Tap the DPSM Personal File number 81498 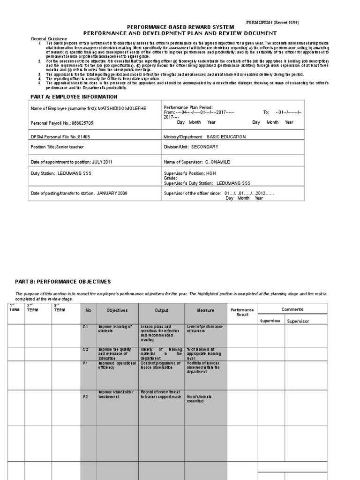pos(84,137)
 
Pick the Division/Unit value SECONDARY pos(205,147)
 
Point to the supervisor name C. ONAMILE pos(218,162)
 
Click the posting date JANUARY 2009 pos(112,193)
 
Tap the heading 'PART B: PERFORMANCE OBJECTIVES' pos(63,282)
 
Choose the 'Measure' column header pos(205,310)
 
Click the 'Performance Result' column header pos(242,312)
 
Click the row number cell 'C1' pos(85,326)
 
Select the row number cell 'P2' pos(85,397)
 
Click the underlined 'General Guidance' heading pos(49,38)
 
